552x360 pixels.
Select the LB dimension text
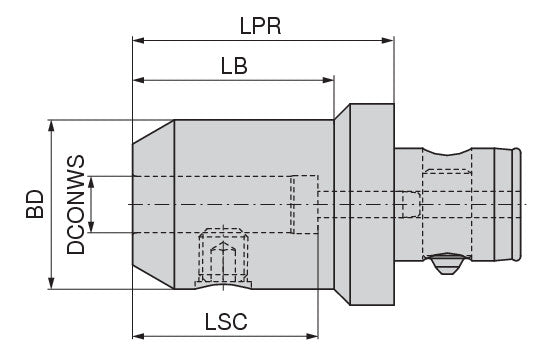234,67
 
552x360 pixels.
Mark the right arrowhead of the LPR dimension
391,42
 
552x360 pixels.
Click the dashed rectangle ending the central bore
303,204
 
